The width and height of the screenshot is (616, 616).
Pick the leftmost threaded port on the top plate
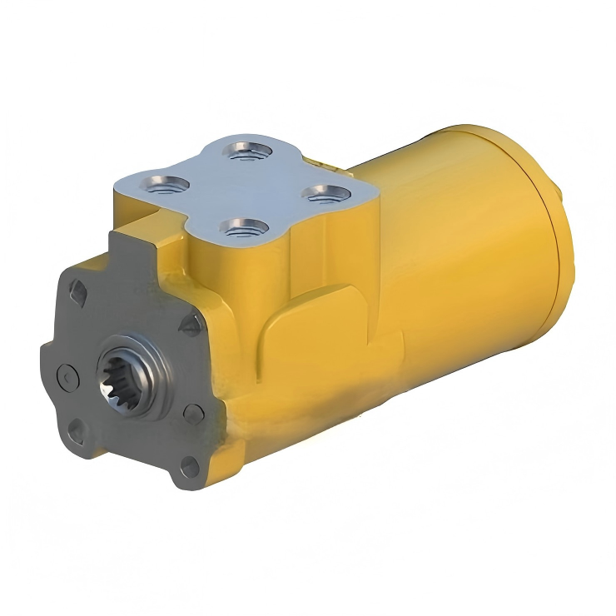click(162, 184)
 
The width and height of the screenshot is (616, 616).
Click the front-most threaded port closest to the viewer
click(244, 226)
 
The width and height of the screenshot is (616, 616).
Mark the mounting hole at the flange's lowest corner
click(190, 469)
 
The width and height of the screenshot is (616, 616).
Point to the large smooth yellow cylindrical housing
click(466, 250)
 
